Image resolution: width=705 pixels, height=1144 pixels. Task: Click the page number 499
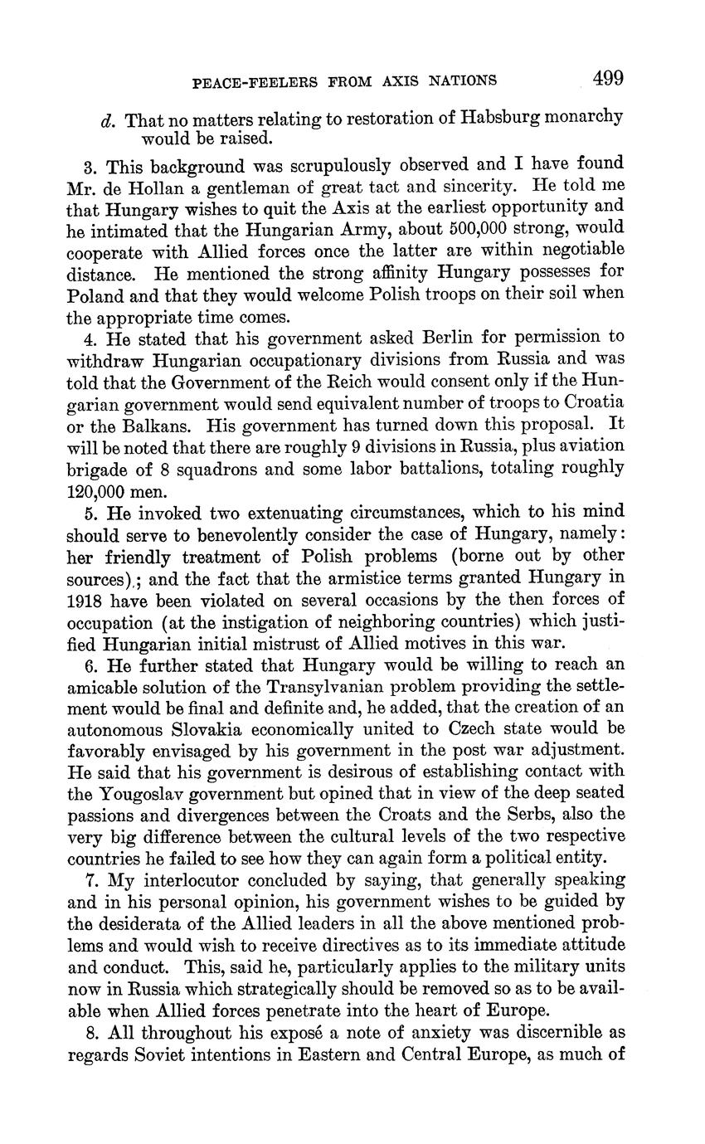pos(608,79)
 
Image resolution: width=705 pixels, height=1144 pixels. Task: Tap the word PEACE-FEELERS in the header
pos(245,81)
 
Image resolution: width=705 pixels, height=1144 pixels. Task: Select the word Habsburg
pos(489,118)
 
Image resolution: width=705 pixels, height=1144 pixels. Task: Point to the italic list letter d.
pos(106,119)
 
